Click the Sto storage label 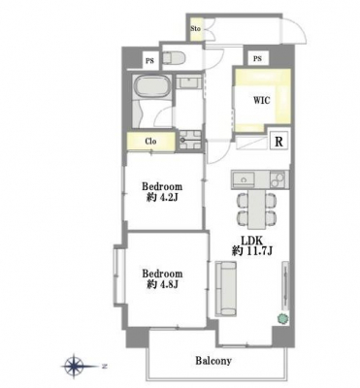click(195, 28)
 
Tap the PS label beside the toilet click(149, 60)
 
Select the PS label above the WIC click(257, 59)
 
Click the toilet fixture click(173, 58)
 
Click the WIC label click(261, 100)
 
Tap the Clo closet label click(150, 142)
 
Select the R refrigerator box click(278, 142)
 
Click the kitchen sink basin click(244, 179)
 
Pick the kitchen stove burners click(278, 180)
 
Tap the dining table click(257, 209)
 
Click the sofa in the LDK click(225, 289)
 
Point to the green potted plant click(282, 318)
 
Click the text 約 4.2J click(162, 197)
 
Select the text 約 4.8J click(161, 284)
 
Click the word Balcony click(213, 361)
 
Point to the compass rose click(75, 367)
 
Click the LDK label click(252, 241)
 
